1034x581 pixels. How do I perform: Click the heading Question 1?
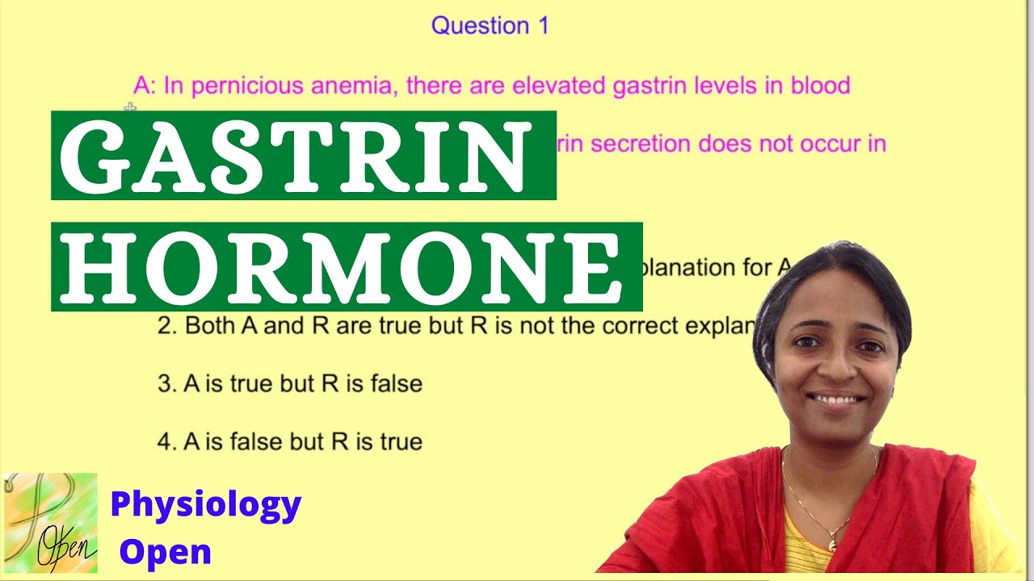click(490, 26)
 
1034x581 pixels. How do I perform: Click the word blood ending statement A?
click(817, 86)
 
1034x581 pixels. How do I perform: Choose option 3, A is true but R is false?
click(290, 384)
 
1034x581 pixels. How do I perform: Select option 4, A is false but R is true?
click(290, 442)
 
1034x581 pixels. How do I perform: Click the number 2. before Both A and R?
click(166, 326)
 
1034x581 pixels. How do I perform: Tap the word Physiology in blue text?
click(206, 505)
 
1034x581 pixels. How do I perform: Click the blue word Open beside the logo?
click(166, 552)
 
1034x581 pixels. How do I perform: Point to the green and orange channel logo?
click(50, 523)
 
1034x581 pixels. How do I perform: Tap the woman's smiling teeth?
click(838, 399)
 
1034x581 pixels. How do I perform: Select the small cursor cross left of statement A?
click(130, 107)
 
